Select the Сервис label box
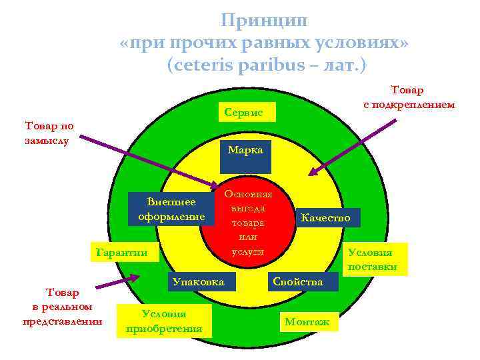click(x=244, y=113)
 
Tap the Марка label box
click(x=245, y=150)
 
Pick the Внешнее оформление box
click(x=171, y=209)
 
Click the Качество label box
click(x=327, y=217)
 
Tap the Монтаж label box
click(x=307, y=322)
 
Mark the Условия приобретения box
click(x=163, y=321)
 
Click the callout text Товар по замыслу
click(x=49, y=133)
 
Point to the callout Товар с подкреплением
click(x=409, y=97)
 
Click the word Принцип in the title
click(x=265, y=21)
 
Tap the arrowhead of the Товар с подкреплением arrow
click(x=309, y=175)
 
